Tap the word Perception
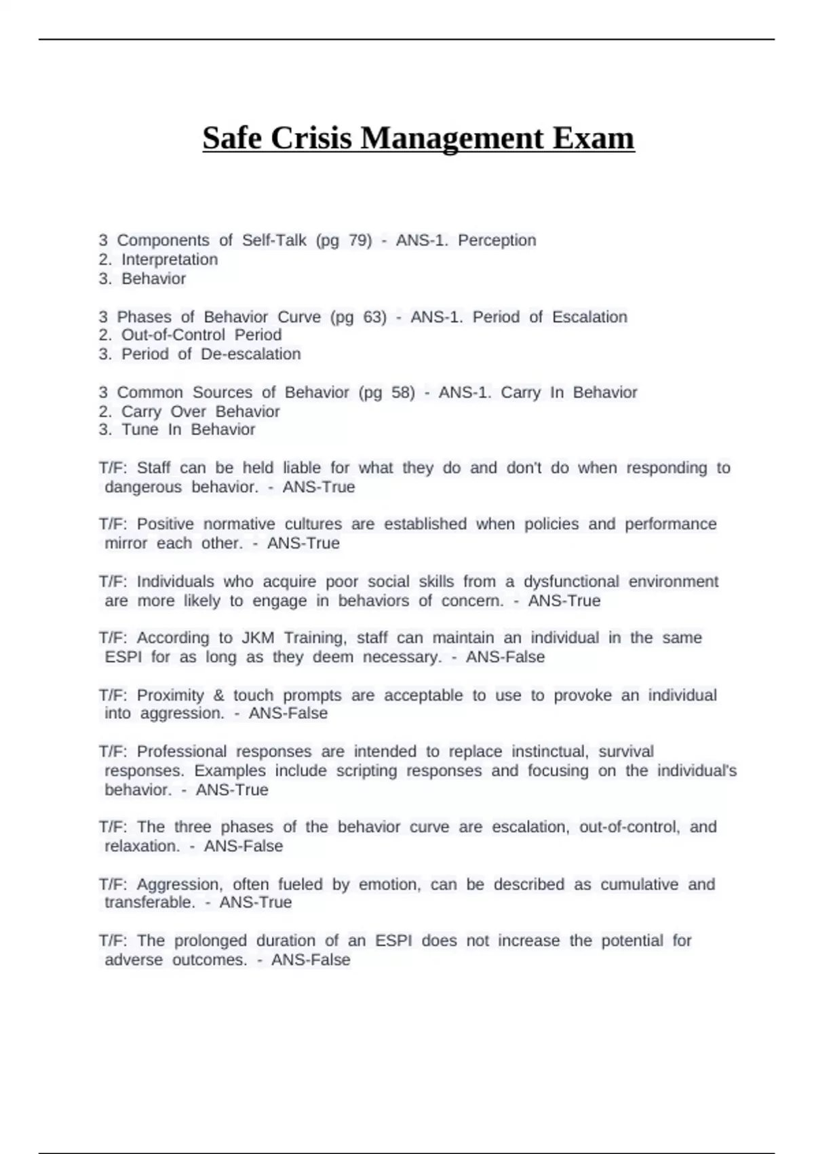(x=497, y=240)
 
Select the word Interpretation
(x=170, y=259)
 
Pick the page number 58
(x=403, y=392)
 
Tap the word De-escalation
(x=250, y=354)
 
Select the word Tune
(x=140, y=430)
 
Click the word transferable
(x=149, y=903)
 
